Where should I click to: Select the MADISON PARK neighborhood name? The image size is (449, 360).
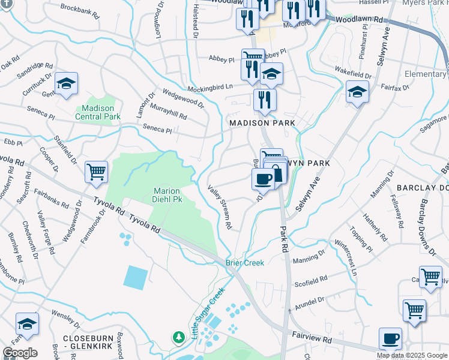click(x=262, y=122)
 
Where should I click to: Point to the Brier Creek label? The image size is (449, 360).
click(x=244, y=263)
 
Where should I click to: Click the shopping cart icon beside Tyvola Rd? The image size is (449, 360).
click(x=96, y=173)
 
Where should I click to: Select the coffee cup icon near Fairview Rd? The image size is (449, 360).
click(x=390, y=338)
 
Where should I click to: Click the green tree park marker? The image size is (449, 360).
click(x=178, y=337)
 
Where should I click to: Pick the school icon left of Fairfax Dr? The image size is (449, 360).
click(x=357, y=92)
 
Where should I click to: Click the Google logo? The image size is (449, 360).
click(x=19, y=353)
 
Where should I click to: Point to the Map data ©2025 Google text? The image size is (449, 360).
click(x=412, y=355)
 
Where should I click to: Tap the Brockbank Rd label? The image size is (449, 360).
click(x=80, y=10)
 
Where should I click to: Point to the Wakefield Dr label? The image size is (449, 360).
click(x=352, y=74)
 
